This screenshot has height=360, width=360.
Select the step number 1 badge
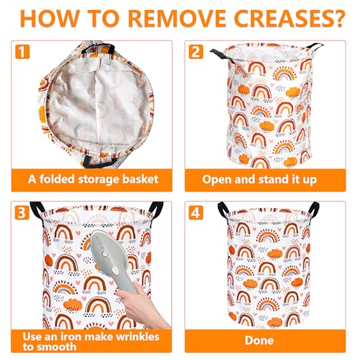click(22, 52)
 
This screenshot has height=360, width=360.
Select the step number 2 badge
click(196, 52)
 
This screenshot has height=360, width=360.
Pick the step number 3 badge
click(22, 212)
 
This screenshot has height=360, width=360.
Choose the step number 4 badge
click(196, 212)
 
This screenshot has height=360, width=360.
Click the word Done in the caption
click(259, 341)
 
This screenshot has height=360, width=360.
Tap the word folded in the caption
click(57, 179)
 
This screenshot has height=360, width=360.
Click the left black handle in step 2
click(222, 56)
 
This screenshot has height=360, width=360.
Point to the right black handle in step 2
click(315, 46)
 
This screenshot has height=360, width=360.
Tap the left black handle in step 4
click(223, 210)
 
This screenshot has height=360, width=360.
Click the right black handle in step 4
click(314, 209)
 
